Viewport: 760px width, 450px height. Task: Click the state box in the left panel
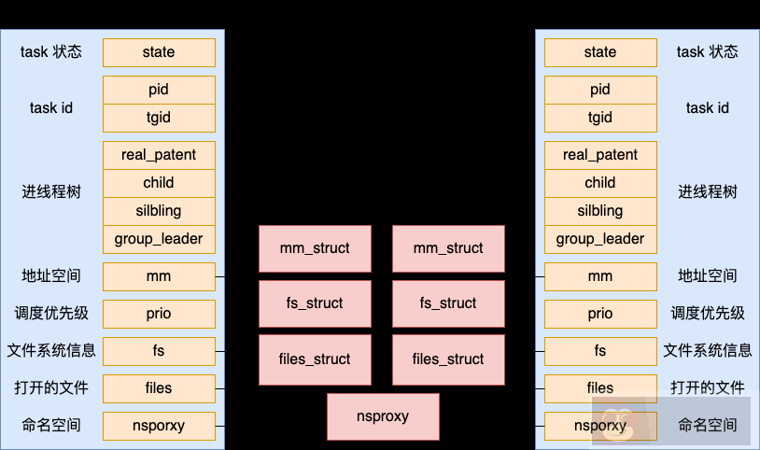(x=159, y=52)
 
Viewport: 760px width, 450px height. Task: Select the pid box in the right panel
(x=600, y=90)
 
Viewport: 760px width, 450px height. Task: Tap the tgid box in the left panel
(x=159, y=118)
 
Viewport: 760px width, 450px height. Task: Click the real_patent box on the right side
(x=600, y=155)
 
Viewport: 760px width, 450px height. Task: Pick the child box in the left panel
(x=159, y=183)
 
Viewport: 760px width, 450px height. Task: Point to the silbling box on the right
(x=600, y=211)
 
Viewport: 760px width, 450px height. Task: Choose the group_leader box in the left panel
(x=159, y=239)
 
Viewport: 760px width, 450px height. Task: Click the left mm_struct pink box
(x=315, y=248)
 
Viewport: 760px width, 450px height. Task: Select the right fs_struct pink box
(x=448, y=303)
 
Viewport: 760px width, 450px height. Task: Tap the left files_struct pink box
(x=315, y=359)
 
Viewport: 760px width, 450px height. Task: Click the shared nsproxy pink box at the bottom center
(x=383, y=416)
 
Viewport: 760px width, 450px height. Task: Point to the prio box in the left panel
(x=159, y=314)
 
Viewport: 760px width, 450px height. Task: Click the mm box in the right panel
(x=600, y=276)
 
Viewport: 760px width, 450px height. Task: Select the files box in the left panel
(x=159, y=388)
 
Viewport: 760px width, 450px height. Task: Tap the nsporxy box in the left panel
(x=159, y=426)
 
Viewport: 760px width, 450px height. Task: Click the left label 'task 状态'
(x=51, y=52)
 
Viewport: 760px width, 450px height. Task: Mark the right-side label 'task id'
(x=707, y=108)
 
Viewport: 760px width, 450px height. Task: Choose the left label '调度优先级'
(x=51, y=314)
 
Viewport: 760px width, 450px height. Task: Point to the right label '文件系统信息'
(x=707, y=351)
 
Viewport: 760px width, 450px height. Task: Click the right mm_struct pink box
(x=448, y=248)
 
